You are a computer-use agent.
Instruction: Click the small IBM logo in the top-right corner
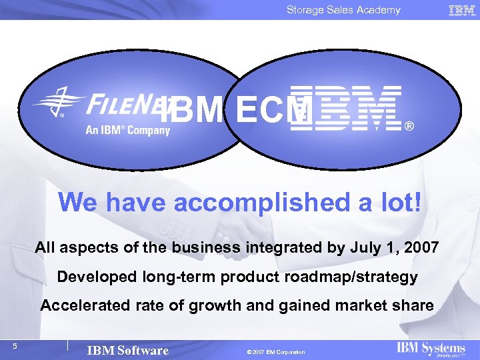coord(462,10)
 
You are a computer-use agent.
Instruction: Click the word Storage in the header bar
coord(305,9)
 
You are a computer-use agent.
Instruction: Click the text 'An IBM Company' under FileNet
coord(127,130)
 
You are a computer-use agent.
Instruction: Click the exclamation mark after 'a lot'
coord(417,202)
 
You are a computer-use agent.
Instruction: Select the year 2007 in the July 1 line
coord(421,248)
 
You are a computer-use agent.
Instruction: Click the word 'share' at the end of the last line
coord(415,305)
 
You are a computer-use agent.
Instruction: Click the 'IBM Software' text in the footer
coord(128,351)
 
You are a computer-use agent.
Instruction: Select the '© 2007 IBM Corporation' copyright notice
coord(275,352)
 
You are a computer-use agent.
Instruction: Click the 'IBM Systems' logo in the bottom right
coord(431,349)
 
